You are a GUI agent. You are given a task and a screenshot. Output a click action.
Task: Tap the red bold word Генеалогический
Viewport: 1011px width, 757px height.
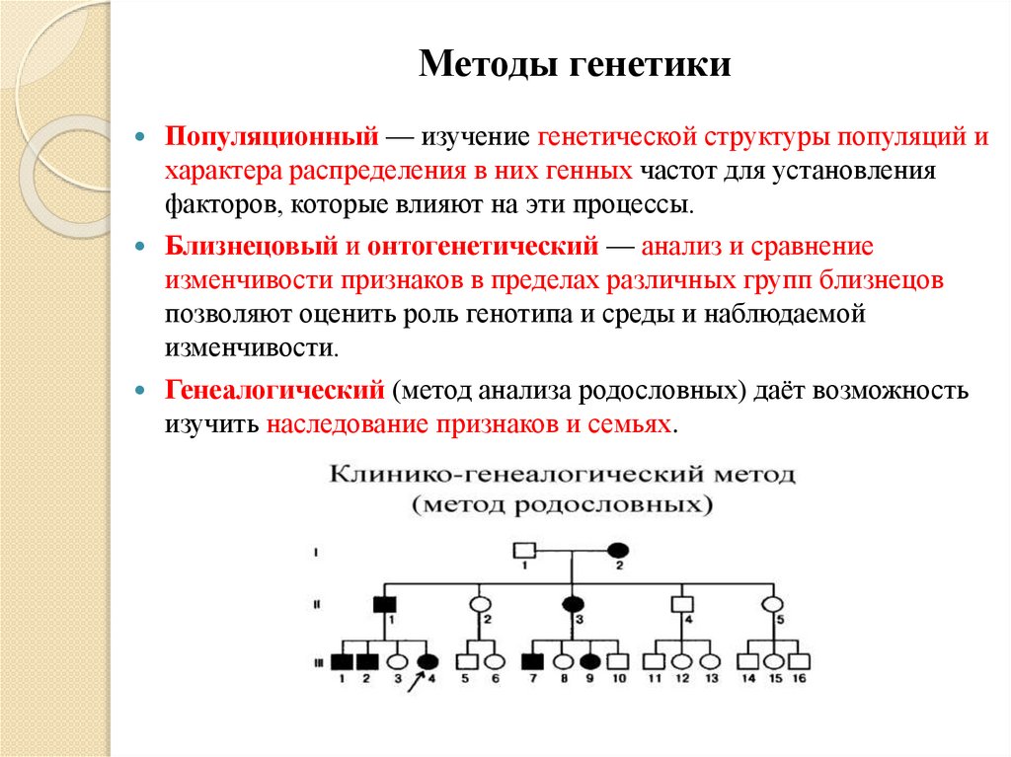(274, 390)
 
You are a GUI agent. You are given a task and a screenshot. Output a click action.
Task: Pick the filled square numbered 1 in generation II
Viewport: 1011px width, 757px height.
(384, 604)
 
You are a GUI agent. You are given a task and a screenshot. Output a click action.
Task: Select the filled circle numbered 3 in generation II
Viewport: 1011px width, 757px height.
(573, 604)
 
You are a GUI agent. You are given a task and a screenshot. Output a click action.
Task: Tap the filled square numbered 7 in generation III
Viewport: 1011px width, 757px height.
(533, 661)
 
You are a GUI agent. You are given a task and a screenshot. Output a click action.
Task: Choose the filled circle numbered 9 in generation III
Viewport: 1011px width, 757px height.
(590, 661)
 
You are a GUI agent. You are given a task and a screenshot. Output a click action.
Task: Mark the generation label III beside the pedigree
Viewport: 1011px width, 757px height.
(316, 661)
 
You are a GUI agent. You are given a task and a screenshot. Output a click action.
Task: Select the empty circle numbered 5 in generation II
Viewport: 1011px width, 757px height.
(774, 604)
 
